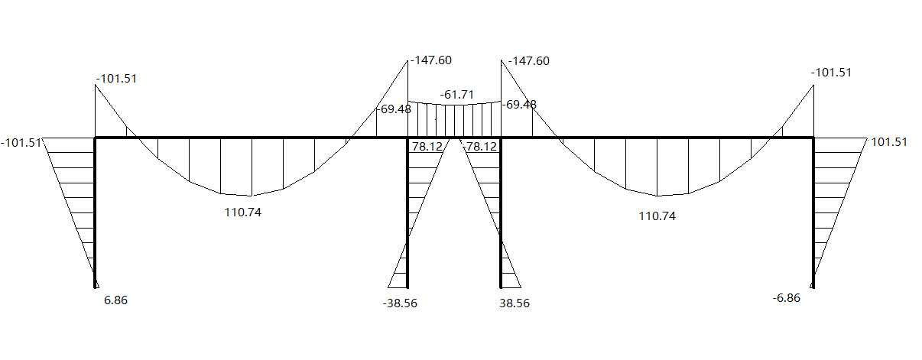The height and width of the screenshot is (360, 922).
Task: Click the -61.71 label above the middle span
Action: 457,95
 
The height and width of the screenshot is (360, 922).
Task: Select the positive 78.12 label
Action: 427,147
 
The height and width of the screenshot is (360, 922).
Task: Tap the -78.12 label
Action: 480,147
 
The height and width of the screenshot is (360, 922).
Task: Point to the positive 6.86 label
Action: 115,300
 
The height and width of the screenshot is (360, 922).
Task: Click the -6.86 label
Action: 787,298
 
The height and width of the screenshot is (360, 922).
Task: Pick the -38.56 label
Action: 400,303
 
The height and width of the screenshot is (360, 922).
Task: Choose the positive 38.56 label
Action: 515,303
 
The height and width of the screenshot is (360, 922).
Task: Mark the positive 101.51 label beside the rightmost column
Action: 889,142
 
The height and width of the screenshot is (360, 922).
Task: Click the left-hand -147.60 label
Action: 431,60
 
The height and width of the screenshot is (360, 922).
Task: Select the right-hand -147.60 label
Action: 529,61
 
